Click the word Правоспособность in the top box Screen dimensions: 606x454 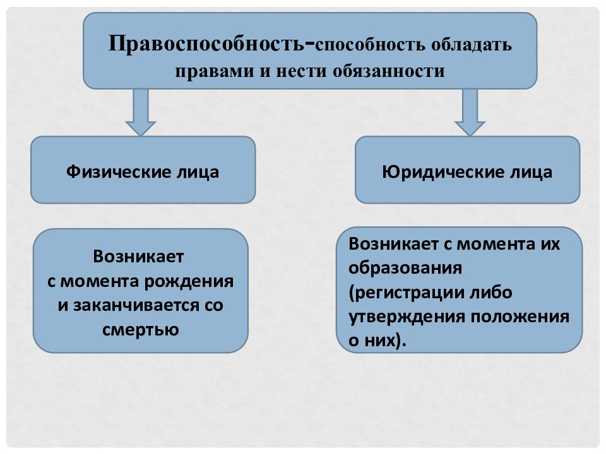[x=207, y=44]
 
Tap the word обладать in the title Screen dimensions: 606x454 [x=472, y=45]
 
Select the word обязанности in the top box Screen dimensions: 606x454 [x=388, y=71]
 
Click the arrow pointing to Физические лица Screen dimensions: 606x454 [x=141, y=112]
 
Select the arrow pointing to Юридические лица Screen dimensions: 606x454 [x=470, y=112]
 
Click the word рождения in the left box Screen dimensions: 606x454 [x=189, y=282]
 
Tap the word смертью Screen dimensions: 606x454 [x=141, y=330]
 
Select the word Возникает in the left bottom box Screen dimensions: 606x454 [x=138, y=257]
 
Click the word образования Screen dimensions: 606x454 [x=405, y=268]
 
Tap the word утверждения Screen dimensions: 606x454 [x=406, y=317]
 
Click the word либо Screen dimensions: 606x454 [x=491, y=292]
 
